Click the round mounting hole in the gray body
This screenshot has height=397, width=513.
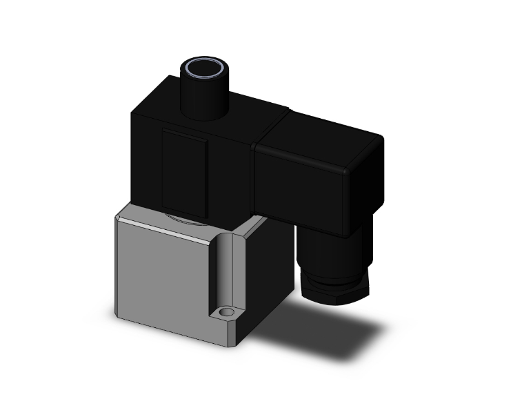pos(225,315)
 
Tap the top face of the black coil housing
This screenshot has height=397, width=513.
pos(228,104)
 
